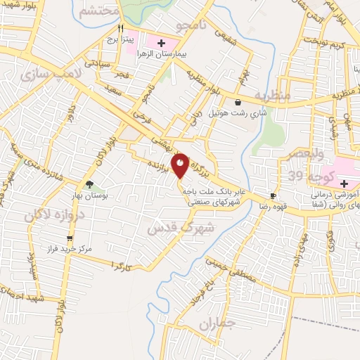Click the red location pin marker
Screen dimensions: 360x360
point(181,165)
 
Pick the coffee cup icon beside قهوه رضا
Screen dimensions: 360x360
point(273,196)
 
